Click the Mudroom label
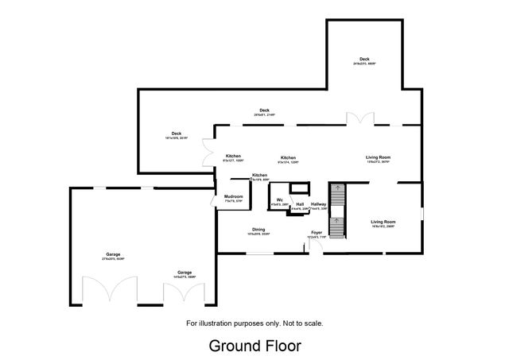click(x=233, y=195)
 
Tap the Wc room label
click(x=279, y=199)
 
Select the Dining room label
click(x=259, y=229)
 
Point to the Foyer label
click(x=317, y=233)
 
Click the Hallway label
click(x=319, y=204)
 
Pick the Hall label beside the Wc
click(x=300, y=204)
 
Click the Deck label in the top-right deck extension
click(x=364, y=59)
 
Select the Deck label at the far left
click(x=177, y=134)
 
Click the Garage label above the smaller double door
click(x=185, y=272)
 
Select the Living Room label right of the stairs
click(x=383, y=222)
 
